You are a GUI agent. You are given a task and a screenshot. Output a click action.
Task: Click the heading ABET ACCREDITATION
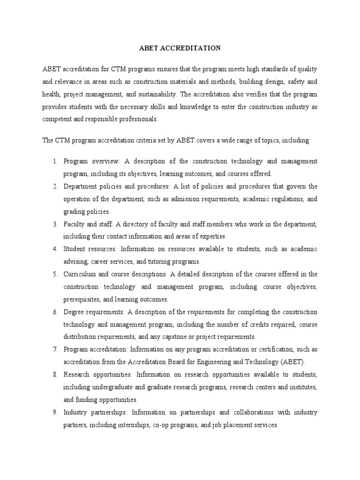(x=180, y=48)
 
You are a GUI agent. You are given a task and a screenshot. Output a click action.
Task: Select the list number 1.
(x=54, y=161)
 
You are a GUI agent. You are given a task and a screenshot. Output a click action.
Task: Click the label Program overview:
(x=92, y=161)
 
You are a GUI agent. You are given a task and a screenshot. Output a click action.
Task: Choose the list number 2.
(x=54, y=187)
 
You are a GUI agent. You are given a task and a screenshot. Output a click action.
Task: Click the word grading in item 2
(x=73, y=211)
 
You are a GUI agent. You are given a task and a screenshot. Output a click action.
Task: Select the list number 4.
(x=54, y=249)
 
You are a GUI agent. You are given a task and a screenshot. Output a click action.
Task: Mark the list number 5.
(x=54, y=274)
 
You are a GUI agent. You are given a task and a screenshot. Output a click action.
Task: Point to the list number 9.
(x=54, y=412)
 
